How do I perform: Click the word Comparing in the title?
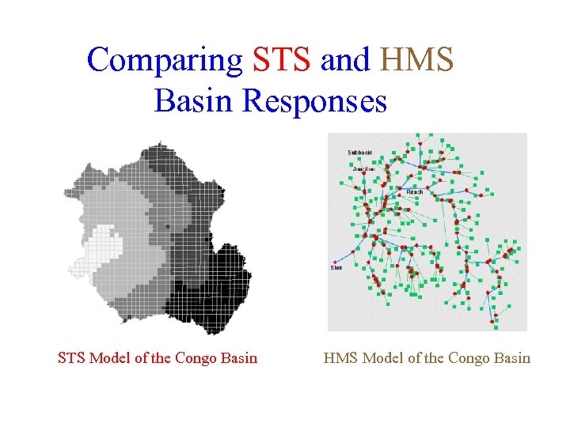click(x=165, y=60)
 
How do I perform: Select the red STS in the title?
click(x=281, y=60)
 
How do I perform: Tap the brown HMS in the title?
click(x=417, y=60)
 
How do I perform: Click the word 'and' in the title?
click(x=346, y=60)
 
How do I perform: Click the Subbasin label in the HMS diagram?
click(x=360, y=152)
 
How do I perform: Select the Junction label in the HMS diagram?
click(x=363, y=168)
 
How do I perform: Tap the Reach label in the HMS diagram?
click(x=415, y=192)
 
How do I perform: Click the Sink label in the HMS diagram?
click(x=336, y=268)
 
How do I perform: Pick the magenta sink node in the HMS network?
click(x=334, y=262)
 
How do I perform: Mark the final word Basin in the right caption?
click(x=513, y=358)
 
